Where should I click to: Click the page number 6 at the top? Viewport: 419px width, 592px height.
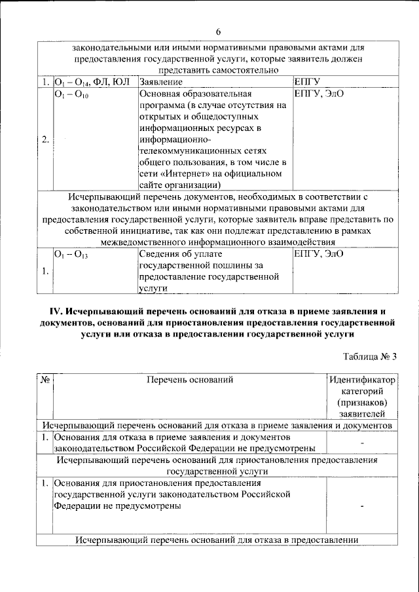[218, 31]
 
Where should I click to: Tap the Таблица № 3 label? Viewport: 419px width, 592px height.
[370, 356]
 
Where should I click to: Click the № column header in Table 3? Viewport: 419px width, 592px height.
[45, 379]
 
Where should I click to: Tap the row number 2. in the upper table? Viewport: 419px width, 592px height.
[45, 139]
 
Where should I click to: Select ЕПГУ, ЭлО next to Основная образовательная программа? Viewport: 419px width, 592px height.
[319, 95]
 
